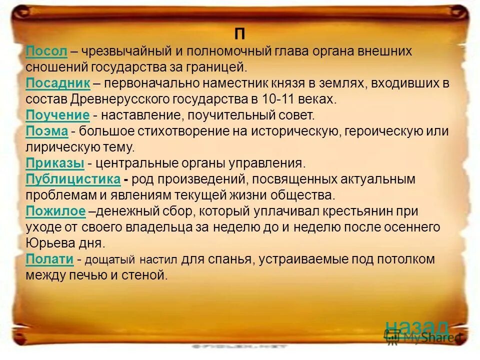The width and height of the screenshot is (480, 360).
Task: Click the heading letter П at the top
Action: click(240, 34)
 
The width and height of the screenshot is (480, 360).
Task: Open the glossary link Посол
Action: click(46, 50)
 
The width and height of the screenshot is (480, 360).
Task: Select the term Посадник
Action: click(57, 83)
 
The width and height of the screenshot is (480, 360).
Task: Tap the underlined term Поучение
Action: click(57, 115)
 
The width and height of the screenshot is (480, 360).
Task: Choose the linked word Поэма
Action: click(46, 131)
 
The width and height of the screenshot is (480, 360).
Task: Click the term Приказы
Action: click(54, 163)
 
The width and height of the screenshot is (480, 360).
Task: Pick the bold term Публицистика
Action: click(73, 179)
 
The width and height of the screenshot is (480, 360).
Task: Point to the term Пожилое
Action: click(55, 211)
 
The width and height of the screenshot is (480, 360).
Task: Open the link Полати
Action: click(49, 259)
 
